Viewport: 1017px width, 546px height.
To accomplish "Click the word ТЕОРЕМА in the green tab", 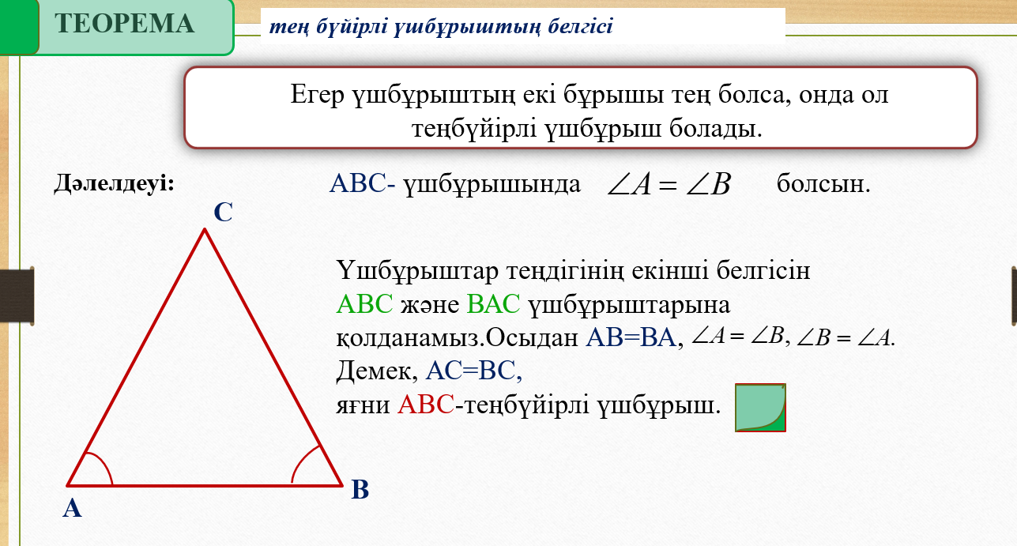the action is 124,24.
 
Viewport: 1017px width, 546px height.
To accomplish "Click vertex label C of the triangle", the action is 223,212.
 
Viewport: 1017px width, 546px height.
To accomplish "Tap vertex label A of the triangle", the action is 72,508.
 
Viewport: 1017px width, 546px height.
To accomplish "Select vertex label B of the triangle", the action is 360,489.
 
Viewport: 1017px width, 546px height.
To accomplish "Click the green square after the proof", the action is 760,408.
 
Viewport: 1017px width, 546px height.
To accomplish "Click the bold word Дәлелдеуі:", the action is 114,183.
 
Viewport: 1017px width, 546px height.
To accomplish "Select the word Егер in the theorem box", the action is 317,95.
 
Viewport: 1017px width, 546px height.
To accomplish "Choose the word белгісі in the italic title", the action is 580,26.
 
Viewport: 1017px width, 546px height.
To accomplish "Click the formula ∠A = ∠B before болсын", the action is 669,184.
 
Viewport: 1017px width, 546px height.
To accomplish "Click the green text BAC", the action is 493,304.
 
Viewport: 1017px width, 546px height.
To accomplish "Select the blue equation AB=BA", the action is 631,337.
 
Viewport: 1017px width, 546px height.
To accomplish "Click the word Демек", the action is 374,371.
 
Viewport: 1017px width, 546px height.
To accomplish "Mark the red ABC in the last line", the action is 426,405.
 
